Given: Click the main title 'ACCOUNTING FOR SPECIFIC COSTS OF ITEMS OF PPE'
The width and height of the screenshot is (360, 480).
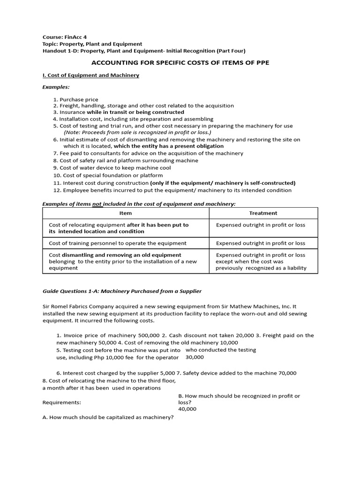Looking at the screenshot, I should point(180,62).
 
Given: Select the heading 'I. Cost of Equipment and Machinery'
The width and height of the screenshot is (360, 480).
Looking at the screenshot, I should point(91,75).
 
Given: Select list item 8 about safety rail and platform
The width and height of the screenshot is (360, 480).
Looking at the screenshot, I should point(125,160).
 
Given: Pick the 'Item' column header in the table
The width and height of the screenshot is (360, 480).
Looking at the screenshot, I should point(126,213).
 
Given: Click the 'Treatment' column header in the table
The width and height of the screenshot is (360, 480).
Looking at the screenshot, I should point(263,213).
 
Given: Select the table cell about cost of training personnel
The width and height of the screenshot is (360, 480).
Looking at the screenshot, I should point(118,243).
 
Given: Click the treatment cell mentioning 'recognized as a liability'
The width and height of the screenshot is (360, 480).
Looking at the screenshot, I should point(261,262).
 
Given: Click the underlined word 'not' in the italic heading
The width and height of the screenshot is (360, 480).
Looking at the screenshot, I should point(97,204).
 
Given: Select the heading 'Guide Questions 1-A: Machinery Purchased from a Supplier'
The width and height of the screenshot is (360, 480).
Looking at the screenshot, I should point(122,291).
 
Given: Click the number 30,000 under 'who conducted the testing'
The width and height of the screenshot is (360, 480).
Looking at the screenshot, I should point(195,357).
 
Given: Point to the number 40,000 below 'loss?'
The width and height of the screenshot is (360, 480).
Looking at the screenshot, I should point(187,409).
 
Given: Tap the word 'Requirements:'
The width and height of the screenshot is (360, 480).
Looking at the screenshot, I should point(61,402).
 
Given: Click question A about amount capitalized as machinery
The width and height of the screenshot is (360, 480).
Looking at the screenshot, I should point(108,418).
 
